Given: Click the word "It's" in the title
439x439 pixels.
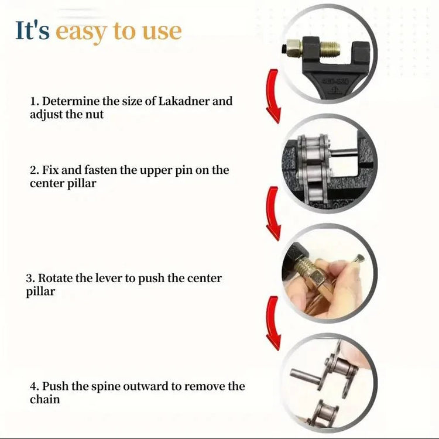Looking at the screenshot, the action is coord(32,30).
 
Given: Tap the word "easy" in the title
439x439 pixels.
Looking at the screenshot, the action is coord(81,32).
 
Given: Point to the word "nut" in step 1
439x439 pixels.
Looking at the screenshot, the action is coord(95,115).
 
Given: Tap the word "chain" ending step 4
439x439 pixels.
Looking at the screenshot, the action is coord(45,400).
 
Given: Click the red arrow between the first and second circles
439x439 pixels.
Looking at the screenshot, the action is coord(273,96).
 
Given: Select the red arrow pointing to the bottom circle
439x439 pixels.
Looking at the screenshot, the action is coord(273,323).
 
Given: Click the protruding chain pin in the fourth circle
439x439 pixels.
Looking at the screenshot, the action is coord(306,375).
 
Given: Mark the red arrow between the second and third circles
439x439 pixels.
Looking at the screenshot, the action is coord(273,214).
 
